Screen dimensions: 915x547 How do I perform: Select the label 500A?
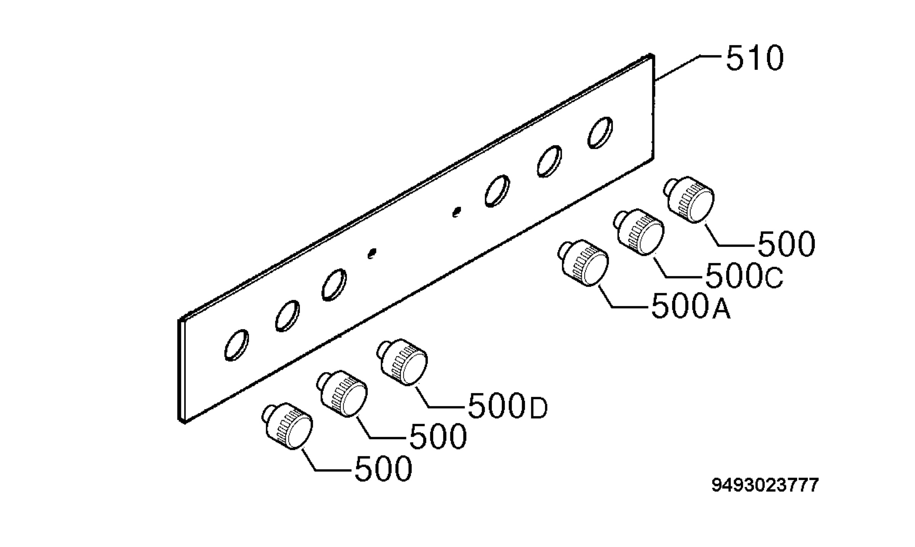click(x=691, y=305)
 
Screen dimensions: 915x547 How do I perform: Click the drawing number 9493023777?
click(x=765, y=485)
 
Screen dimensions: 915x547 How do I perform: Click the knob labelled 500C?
click(x=639, y=232)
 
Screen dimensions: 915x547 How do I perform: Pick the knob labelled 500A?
click(x=583, y=263)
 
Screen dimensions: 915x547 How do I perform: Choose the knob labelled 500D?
click(x=402, y=362)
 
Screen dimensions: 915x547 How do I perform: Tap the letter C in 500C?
click(x=774, y=278)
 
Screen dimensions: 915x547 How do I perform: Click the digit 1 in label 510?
click(x=751, y=58)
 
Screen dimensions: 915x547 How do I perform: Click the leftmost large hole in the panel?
click(x=237, y=345)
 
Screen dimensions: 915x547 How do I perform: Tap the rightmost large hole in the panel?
click(x=600, y=133)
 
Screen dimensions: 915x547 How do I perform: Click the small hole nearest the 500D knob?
click(x=372, y=253)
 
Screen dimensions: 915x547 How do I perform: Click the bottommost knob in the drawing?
click(x=287, y=425)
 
